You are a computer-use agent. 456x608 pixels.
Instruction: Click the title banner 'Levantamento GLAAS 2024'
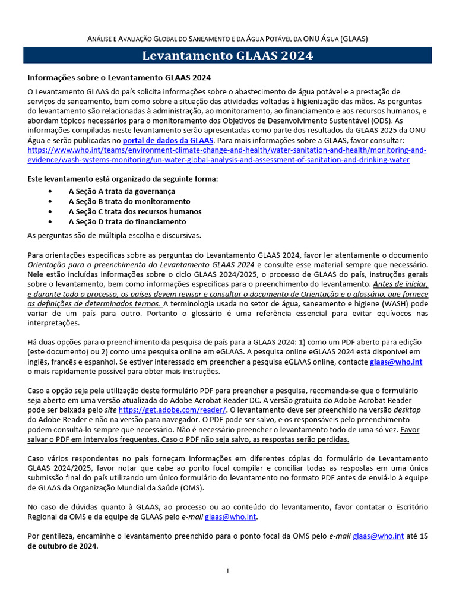click(x=227, y=56)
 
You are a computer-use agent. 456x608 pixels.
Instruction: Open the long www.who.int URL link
click(x=227, y=155)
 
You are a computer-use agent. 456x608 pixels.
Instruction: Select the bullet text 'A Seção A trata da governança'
click(x=122, y=191)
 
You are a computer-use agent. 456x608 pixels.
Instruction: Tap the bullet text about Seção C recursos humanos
click(x=135, y=211)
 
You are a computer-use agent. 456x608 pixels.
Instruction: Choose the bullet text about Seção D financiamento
click(x=127, y=221)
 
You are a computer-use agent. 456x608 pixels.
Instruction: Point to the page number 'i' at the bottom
click(x=227, y=571)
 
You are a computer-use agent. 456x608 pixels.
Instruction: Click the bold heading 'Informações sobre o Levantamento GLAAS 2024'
click(x=119, y=78)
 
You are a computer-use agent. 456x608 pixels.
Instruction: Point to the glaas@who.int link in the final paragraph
click(x=378, y=536)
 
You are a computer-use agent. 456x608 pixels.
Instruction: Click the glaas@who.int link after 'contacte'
click(x=395, y=362)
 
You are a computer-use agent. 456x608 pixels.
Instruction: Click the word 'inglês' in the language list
click(x=39, y=362)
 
